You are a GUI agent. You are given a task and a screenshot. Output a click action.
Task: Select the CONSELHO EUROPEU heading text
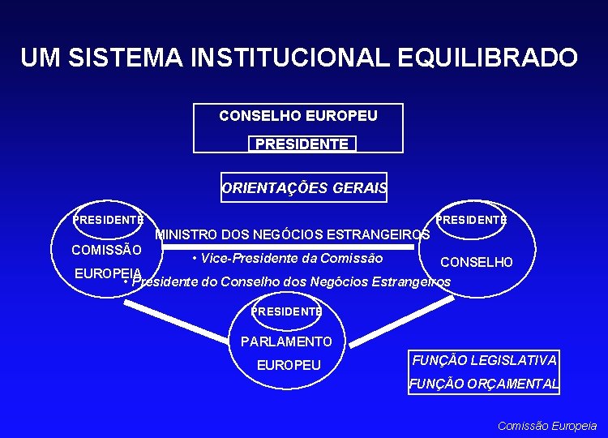[x=298, y=116]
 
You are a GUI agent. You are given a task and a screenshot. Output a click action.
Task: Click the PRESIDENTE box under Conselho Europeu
[x=302, y=144]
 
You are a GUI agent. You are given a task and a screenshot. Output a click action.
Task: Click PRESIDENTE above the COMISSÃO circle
[x=108, y=219]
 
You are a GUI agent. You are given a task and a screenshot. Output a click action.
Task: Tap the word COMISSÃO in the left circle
[x=107, y=250]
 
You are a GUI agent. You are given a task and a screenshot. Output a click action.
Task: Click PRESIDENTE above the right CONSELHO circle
[x=471, y=219]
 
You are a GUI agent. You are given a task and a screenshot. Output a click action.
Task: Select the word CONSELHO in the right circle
[x=476, y=262]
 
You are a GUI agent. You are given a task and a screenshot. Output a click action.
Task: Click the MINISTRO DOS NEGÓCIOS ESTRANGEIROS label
[x=292, y=235]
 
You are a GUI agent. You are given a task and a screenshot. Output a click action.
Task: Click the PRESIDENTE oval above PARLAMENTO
[x=286, y=311]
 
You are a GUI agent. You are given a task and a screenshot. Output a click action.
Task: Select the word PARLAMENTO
[x=286, y=341]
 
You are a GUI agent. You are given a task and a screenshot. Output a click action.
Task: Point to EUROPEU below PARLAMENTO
[x=289, y=365]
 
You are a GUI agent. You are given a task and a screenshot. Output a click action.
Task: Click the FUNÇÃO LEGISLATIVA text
[x=484, y=360]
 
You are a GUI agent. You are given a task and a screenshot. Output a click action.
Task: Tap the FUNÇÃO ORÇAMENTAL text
[x=484, y=384]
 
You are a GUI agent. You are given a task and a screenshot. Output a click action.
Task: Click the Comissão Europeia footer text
[x=547, y=425]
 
